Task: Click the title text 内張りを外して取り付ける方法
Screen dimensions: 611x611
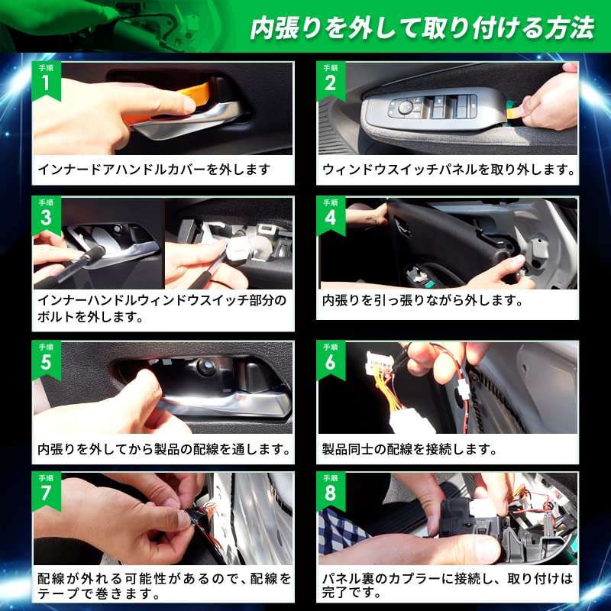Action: coord(422,28)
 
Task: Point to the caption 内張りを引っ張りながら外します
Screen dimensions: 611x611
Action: coord(422,300)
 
